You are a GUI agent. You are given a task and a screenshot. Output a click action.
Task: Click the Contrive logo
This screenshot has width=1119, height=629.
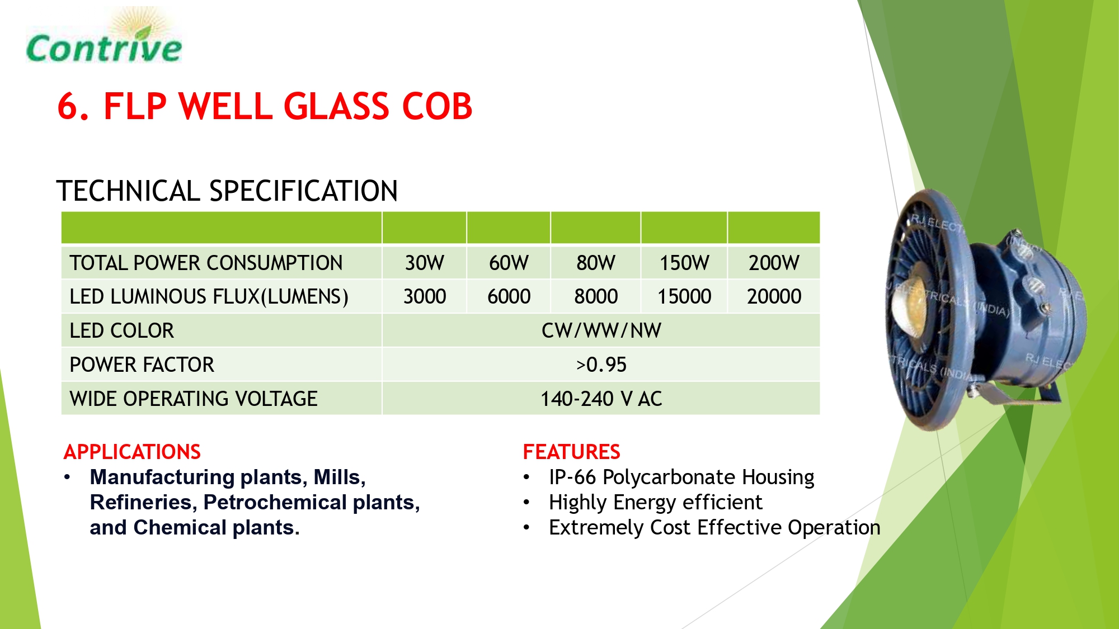point(104,36)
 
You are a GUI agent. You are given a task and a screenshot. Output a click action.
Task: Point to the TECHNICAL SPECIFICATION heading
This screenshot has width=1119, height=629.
point(227,191)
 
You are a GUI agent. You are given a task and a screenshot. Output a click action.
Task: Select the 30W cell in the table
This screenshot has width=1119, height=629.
point(425,263)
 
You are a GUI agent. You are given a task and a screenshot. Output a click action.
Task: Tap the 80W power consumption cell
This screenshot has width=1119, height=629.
point(596,263)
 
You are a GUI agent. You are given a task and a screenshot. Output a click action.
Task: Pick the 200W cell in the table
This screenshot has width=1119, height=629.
point(774,263)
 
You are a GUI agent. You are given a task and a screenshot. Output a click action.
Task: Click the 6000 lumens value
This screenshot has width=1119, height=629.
point(509,296)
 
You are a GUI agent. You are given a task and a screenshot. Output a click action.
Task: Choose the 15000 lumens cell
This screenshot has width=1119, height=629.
point(684,296)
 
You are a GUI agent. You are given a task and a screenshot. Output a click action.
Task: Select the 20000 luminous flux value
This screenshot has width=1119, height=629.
point(774,296)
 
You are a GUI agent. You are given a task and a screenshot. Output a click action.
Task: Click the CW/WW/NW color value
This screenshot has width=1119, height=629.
point(601,330)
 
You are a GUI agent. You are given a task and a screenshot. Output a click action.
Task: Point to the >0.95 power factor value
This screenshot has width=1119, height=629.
point(601,365)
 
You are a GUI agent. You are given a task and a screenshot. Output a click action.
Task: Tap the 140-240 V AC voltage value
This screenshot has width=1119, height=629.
point(601,399)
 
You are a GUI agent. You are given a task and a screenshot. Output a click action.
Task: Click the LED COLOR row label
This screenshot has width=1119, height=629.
point(121,330)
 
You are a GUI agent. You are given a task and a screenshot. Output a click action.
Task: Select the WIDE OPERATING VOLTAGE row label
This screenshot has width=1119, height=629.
point(194,399)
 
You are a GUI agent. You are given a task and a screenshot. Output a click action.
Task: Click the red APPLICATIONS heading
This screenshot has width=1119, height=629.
point(132,452)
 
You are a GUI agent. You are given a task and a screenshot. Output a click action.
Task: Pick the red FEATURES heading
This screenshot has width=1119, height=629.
point(571,452)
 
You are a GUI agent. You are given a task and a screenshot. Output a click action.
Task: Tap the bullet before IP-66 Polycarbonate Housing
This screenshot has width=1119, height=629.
point(526,477)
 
